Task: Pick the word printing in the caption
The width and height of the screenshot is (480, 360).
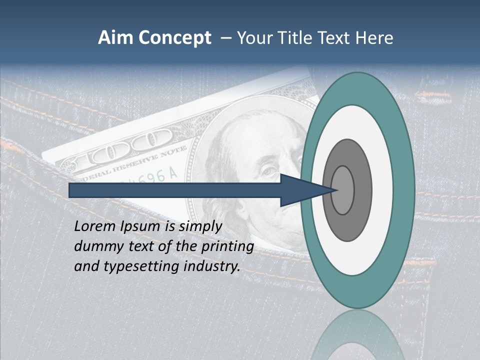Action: (x=227, y=247)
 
